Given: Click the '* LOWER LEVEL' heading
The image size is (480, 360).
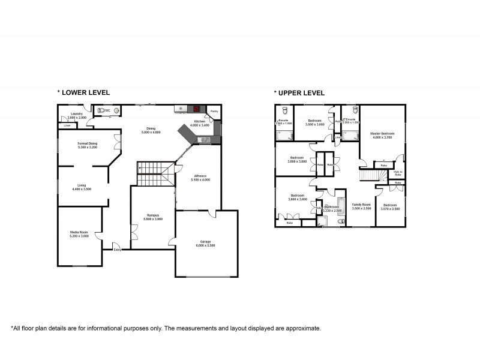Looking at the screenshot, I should click(x=83, y=93).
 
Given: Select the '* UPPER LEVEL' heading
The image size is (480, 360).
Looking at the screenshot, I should click(x=299, y=93).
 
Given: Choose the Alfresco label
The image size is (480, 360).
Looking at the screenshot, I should click(x=200, y=178).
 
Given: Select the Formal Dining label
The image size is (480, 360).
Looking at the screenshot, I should click(x=88, y=145).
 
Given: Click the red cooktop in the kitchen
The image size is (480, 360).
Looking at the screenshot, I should click(x=196, y=109).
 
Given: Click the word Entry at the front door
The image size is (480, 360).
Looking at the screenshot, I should click(x=117, y=250).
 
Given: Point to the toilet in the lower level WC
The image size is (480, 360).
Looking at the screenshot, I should click(x=116, y=110).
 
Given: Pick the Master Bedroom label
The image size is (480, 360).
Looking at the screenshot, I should click(x=382, y=135).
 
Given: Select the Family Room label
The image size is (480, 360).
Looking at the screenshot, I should click(x=361, y=206).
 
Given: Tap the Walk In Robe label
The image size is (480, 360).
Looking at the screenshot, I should click(x=398, y=173).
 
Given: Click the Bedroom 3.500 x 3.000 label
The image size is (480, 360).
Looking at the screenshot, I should click(x=314, y=122).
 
